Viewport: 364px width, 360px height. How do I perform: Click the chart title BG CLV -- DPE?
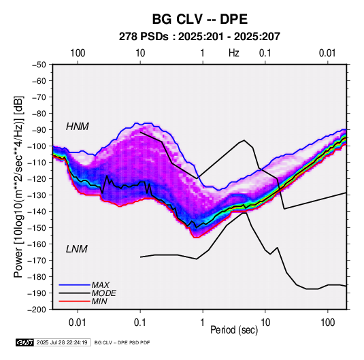[x=199, y=19]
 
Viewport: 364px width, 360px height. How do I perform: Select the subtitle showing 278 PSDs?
[x=199, y=37]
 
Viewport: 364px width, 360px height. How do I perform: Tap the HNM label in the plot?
[x=78, y=127]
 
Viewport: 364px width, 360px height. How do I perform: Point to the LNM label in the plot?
[x=77, y=249]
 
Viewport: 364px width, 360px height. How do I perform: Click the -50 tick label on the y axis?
[x=39, y=65]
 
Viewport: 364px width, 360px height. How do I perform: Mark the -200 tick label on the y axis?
[x=37, y=310]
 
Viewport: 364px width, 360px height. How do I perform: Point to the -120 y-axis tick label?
[x=37, y=179]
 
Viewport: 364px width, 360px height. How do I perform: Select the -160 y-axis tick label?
[x=37, y=244]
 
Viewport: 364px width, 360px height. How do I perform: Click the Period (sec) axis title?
[x=234, y=329]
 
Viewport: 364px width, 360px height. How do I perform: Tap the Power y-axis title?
[x=18, y=186]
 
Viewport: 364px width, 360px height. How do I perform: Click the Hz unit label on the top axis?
[x=234, y=53]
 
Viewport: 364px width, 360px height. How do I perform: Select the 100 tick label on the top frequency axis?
[x=78, y=53]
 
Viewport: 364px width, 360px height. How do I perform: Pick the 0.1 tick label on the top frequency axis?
[x=265, y=53]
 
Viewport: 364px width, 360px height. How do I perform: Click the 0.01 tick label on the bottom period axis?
[x=78, y=323]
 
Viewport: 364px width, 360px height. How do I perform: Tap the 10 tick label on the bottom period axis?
[x=265, y=323]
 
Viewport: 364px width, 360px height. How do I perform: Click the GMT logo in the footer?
[x=25, y=342]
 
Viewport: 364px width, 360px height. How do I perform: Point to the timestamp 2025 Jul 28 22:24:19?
[x=62, y=342]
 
